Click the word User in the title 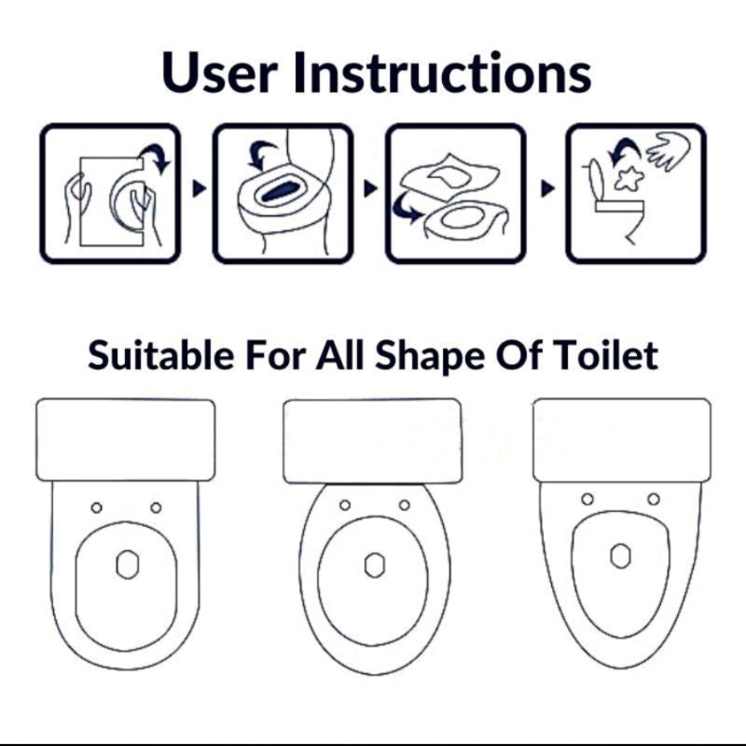click(219, 72)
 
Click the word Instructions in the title click(442, 72)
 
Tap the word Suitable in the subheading click(160, 354)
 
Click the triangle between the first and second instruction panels click(199, 188)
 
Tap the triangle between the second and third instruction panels click(370, 188)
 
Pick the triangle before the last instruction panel click(547, 188)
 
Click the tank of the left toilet click(126, 439)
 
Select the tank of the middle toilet click(372, 441)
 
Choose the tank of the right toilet click(622, 440)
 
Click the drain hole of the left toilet click(128, 564)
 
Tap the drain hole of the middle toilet click(375, 565)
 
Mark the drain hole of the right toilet click(621, 555)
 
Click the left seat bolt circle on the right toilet click(587, 499)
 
